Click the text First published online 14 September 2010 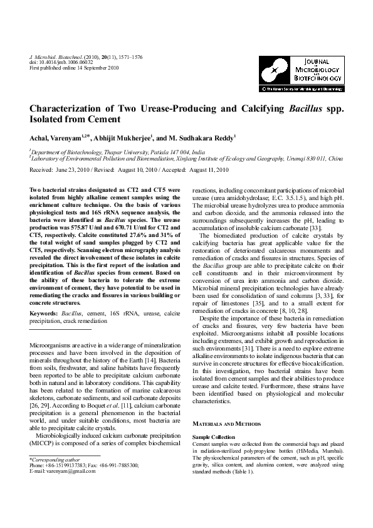click(x=75, y=68)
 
